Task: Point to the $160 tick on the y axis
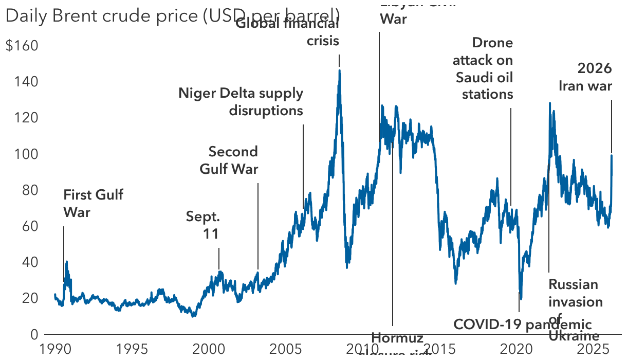point(22,46)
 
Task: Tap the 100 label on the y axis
point(28,154)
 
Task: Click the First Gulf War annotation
point(93,203)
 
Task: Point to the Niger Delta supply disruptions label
point(241,102)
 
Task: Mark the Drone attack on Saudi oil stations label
point(483,68)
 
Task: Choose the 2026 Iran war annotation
point(586,77)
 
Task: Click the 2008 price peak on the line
point(339,71)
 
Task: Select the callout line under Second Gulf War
point(258,226)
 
